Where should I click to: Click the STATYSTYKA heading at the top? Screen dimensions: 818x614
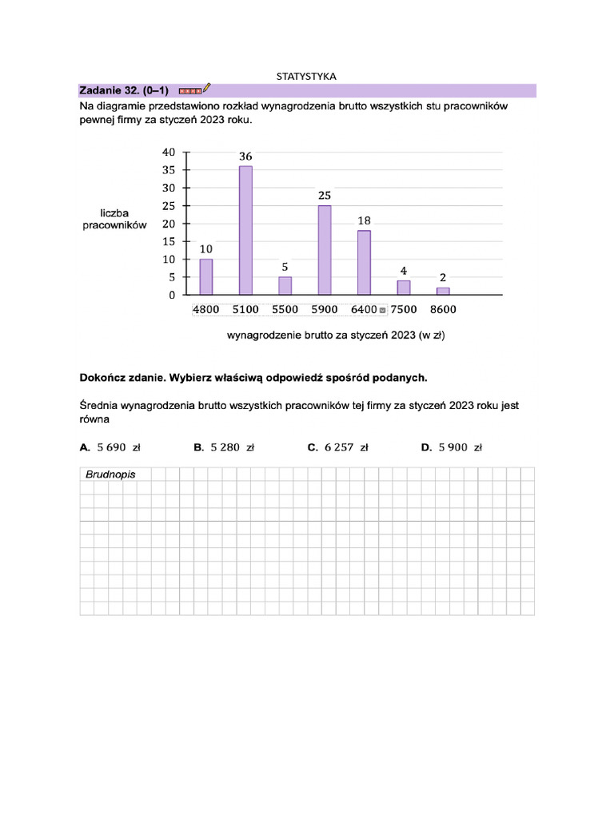tap(306, 76)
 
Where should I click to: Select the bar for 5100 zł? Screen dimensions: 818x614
tap(245, 230)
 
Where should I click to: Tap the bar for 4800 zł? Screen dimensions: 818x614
tap(206, 276)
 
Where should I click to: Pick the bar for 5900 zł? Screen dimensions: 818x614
tap(325, 250)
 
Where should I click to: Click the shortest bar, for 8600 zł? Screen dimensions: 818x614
tap(443, 291)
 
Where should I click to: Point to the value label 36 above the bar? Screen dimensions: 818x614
tap(245, 157)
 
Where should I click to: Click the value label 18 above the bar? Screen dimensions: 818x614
tap(364, 220)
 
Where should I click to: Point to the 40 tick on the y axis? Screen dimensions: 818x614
tap(169, 152)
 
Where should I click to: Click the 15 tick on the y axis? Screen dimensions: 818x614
tap(169, 241)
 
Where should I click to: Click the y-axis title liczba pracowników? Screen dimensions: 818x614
tap(114, 219)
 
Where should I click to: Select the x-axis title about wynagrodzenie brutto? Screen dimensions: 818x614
tap(336, 336)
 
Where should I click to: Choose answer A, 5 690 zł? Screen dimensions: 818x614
tap(111, 448)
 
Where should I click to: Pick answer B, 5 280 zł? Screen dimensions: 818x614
tap(224, 448)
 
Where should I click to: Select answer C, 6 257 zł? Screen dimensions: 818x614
tap(338, 448)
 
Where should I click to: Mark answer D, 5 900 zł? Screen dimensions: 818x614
tap(452, 448)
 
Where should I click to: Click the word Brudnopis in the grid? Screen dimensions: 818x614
tap(110, 475)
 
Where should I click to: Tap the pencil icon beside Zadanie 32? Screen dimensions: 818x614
tap(207, 88)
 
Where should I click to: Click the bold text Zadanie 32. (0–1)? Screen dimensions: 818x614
tap(124, 90)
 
